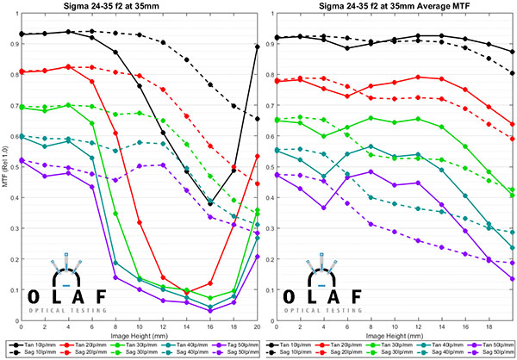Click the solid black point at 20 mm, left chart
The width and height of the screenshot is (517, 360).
click(258, 47)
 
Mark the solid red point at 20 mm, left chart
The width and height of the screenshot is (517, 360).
click(258, 156)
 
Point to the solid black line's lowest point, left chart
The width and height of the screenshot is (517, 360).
click(210, 203)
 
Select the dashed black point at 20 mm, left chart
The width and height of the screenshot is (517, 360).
click(258, 118)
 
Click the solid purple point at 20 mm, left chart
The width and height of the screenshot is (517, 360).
click(258, 256)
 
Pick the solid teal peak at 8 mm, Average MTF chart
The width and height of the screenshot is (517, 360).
click(371, 146)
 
